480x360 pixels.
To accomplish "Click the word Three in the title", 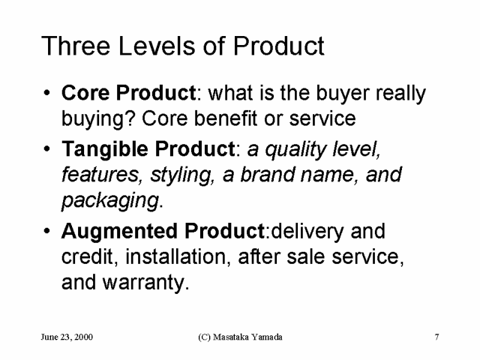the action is click(76, 46).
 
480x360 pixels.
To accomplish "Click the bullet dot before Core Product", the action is click(46, 92).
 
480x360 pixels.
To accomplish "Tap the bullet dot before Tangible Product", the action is click(46, 148).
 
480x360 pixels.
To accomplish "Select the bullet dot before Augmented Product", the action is click(46, 230).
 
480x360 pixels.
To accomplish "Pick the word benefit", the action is click(225, 118).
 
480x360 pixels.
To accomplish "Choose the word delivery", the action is click(307, 232).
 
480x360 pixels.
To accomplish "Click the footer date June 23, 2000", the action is click(67, 337).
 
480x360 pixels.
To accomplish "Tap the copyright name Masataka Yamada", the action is click(247, 337).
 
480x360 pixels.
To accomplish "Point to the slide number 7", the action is click(436, 337).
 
